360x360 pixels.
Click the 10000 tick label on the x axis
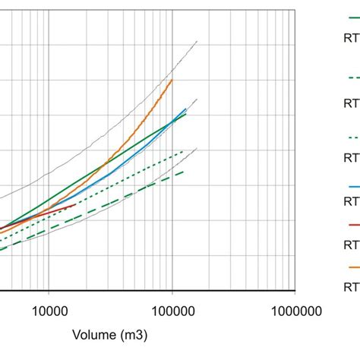click(49, 311)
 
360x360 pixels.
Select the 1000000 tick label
click(295, 311)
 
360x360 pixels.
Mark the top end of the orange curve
click(172, 80)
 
